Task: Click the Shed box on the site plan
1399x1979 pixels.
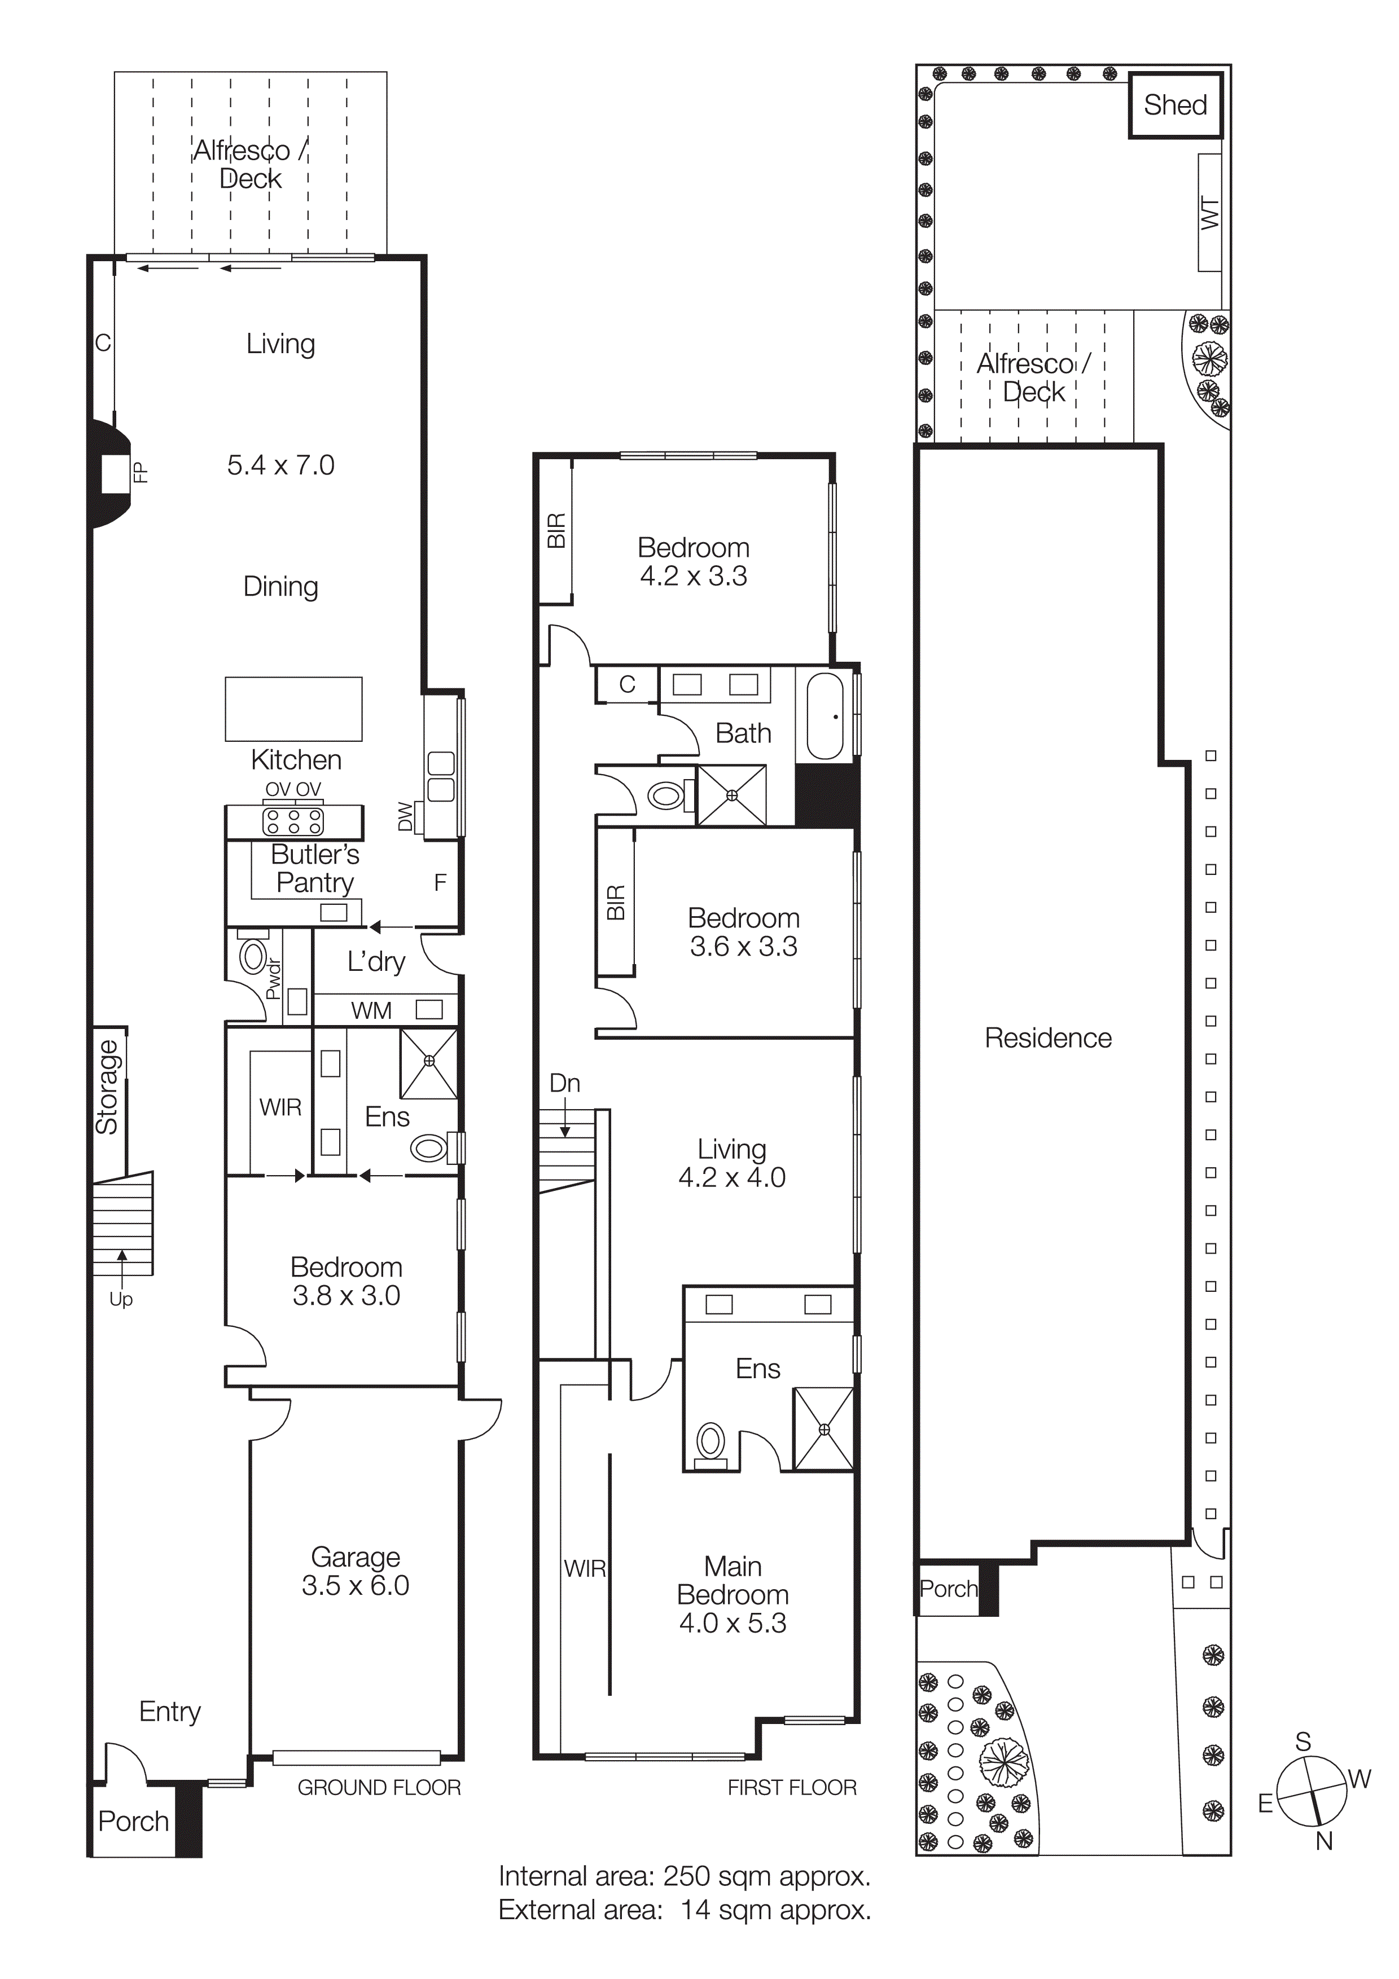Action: tap(1175, 105)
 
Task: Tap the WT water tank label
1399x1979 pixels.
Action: tap(1209, 213)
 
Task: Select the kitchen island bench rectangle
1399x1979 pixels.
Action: tap(293, 709)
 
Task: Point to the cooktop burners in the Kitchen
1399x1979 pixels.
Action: tap(293, 821)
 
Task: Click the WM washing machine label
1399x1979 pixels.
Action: tap(371, 1010)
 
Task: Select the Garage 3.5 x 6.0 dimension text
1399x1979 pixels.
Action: tap(355, 1585)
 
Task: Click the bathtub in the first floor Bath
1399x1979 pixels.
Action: tap(825, 716)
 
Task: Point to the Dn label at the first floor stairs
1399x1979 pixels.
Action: tap(564, 1084)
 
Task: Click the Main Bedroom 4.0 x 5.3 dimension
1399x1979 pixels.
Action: tap(733, 1623)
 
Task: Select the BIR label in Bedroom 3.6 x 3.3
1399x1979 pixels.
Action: tap(616, 903)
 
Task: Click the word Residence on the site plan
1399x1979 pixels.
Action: tap(1047, 1038)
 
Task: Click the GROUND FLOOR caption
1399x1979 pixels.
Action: tap(379, 1788)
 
